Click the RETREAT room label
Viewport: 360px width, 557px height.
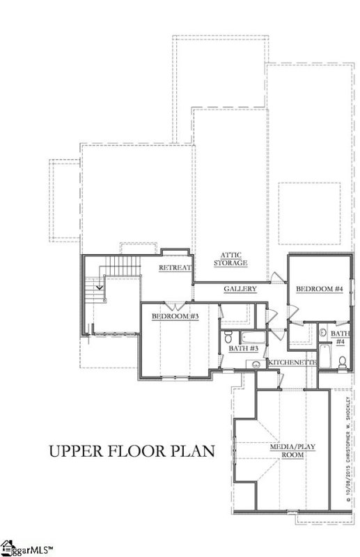(x=175, y=268)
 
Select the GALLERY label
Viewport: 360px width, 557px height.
(x=240, y=289)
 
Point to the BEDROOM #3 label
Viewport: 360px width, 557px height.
(x=176, y=317)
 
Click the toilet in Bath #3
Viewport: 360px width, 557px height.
(x=255, y=363)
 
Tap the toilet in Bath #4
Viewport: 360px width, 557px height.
(x=341, y=361)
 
